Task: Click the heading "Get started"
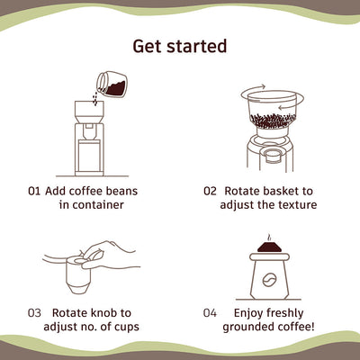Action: (179, 45)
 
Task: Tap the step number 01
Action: (35, 191)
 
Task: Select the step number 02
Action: (210, 191)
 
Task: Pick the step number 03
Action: (35, 312)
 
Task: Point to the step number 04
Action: (210, 312)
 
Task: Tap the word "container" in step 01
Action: (91, 205)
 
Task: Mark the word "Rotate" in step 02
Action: (246, 191)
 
